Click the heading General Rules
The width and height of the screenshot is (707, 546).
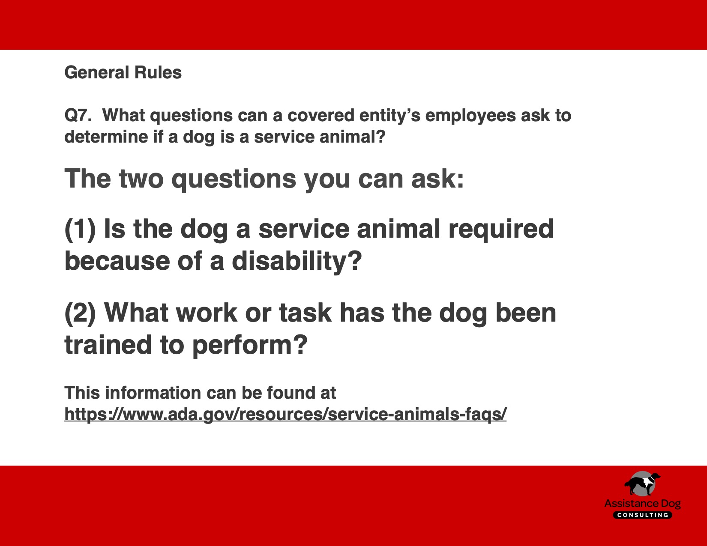(123, 72)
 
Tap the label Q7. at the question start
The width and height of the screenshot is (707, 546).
(78, 116)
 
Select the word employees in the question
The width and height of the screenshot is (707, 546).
(470, 116)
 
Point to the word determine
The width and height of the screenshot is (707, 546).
(106, 137)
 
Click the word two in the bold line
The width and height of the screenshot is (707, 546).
(141, 179)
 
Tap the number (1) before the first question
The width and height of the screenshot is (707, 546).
(80, 230)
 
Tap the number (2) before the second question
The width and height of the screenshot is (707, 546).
(80, 313)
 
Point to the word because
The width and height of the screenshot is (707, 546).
(117, 262)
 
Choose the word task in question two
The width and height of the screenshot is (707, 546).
(305, 313)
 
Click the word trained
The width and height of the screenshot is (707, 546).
(108, 345)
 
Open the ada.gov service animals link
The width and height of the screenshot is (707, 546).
(285, 414)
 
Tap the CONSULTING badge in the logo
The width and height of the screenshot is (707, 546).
(643, 515)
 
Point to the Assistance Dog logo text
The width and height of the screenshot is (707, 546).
(643, 504)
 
